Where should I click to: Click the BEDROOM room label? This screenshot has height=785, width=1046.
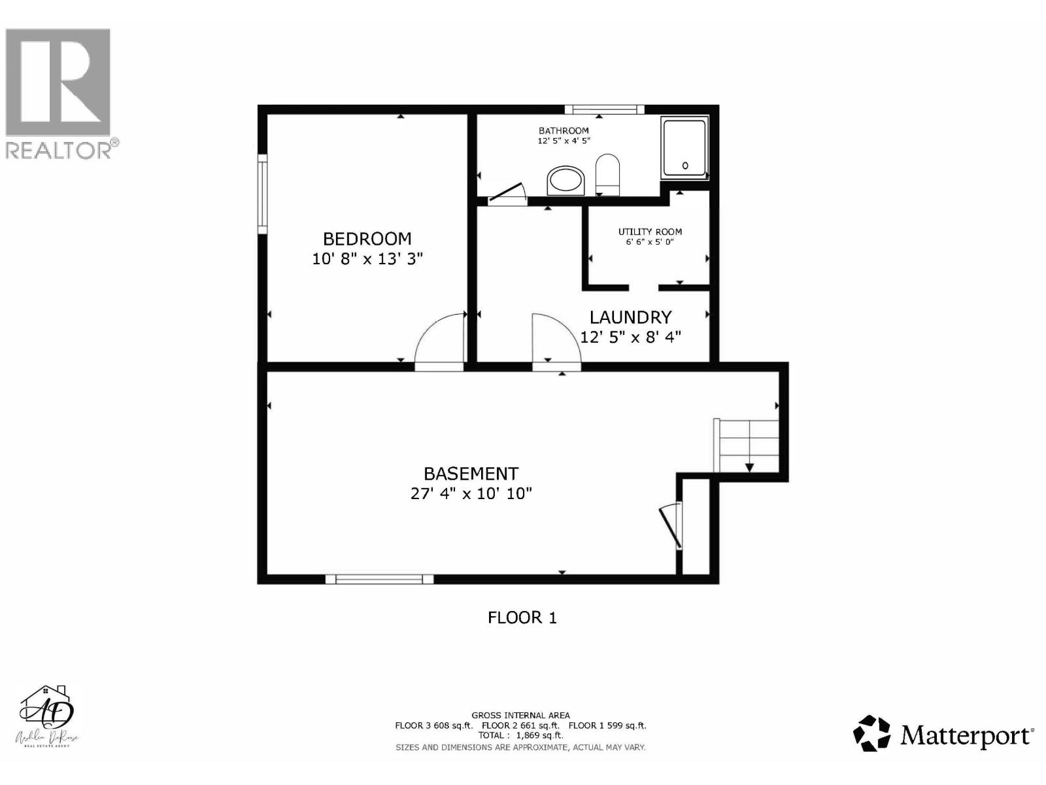(367, 239)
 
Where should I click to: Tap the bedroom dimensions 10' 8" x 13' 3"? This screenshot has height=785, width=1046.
(367, 259)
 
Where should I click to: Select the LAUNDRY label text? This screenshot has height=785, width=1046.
(630, 317)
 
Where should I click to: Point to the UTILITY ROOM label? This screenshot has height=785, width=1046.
(650, 232)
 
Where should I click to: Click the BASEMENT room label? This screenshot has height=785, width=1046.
(471, 474)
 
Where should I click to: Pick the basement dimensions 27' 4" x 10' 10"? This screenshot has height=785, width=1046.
(471, 494)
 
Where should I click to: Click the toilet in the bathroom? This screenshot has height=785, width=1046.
(607, 174)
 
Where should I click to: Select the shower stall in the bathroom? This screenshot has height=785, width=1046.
(684, 148)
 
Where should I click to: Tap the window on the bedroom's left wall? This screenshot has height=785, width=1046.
(262, 194)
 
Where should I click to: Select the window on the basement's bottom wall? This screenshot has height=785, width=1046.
(380, 579)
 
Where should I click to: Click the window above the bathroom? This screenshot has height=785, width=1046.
(604, 109)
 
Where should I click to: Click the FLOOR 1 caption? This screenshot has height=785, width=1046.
(522, 618)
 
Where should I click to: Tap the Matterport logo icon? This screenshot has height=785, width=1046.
(872, 733)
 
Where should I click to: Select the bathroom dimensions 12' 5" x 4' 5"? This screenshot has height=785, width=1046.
(564, 141)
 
